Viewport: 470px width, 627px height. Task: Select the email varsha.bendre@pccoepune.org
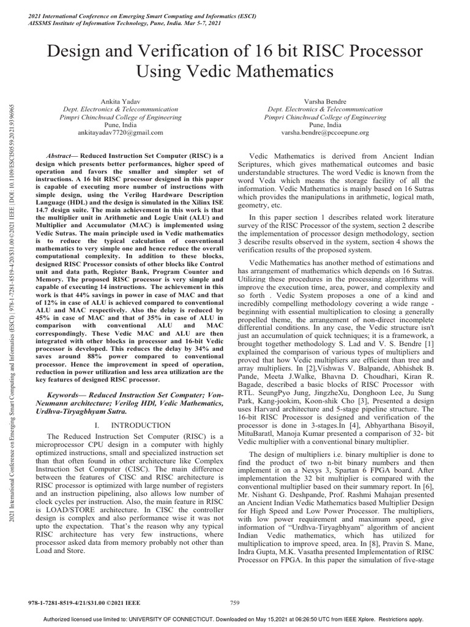[325, 132]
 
